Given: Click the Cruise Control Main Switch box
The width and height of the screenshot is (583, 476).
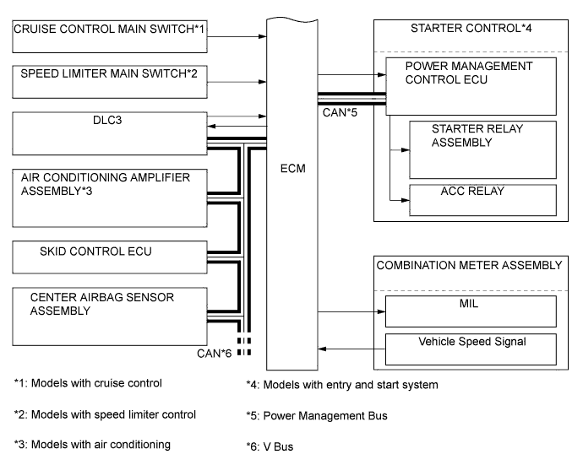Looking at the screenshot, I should pyautogui.click(x=110, y=38).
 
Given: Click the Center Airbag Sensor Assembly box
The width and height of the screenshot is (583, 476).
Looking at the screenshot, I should pyautogui.click(x=110, y=314).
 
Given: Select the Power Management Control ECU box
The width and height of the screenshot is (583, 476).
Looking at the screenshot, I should pyautogui.click(x=471, y=84).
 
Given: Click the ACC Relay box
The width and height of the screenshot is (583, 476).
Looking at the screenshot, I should pyautogui.click(x=482, y=199).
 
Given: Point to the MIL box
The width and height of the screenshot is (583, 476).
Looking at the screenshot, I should pyautogui.click(x=471, y=311).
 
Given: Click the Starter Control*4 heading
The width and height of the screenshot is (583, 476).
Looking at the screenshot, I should pyautogui.click(x=456, y=29).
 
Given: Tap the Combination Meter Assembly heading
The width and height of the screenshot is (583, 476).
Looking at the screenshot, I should pyautogui.click(x=469, y=265).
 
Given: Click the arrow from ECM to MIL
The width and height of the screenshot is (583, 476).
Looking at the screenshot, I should pyautogui.click(x=348, y=311).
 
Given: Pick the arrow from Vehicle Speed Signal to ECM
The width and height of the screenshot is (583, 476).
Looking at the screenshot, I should pyautogui.click(x=348, y=349).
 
